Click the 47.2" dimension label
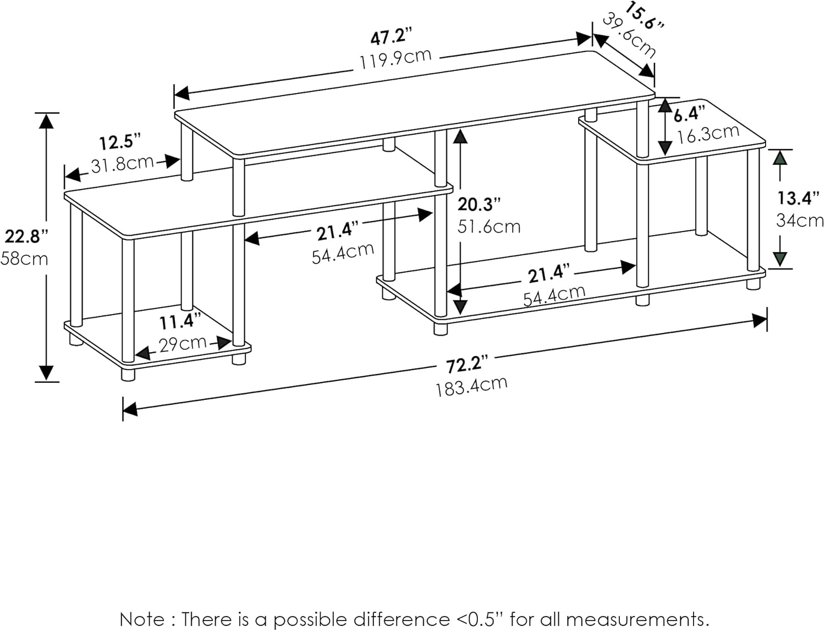point(391,37)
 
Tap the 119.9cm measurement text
point(395,58)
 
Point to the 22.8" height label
point(26,237)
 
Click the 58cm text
point(24,258)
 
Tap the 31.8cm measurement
point(122,163)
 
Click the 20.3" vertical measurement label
point(479,204)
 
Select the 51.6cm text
point(489,226)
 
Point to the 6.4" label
point(689,114)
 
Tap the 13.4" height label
point(799,197)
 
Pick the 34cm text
point(800,220)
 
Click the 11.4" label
point(180,321)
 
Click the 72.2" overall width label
point(467,364)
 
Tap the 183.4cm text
point(471,386)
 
